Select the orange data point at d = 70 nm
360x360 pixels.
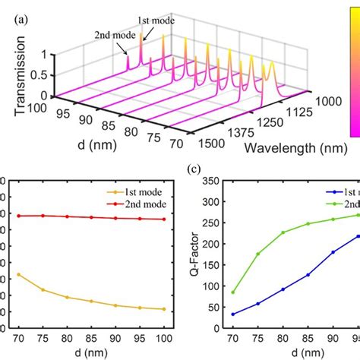[17, 274]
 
